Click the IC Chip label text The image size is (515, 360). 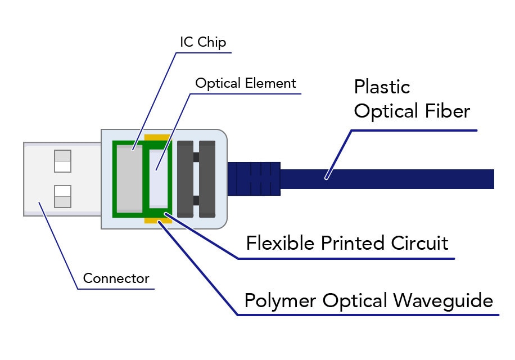pos(203,42)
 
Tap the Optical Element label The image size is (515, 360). pos(245,84)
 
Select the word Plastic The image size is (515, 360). pos(382,87)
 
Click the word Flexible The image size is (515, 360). pos(281,243)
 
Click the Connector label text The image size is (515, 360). pos(116,278)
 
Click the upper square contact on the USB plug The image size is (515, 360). pos(62,161)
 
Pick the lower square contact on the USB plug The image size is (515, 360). pos(62,196)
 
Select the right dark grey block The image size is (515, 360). pos(207,178)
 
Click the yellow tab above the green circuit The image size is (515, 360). pos(157,137)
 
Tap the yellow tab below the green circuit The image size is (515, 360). pos(158,220)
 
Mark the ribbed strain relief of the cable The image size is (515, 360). pos(254,178)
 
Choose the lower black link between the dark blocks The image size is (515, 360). pos(196,200)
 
